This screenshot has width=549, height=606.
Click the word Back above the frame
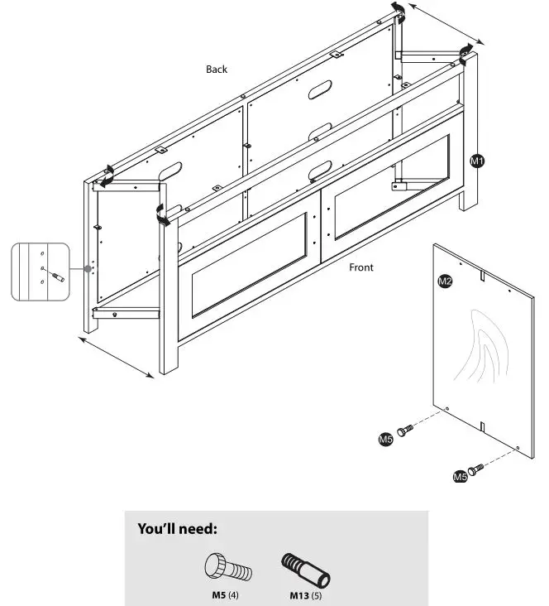point(217,70)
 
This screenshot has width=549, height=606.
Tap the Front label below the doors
point(361,267)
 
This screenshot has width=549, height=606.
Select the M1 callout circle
point(477,161)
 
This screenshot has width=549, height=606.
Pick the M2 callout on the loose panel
point(444,282)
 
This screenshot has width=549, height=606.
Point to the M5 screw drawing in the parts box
point(227,568)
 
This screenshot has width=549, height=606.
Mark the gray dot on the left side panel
point(88,269)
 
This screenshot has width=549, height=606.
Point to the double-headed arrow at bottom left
point(118,357)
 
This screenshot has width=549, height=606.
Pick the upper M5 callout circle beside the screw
point(385,439)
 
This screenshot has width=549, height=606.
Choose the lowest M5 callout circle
point(460,476)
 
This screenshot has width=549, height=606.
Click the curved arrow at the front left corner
point(162,214)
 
